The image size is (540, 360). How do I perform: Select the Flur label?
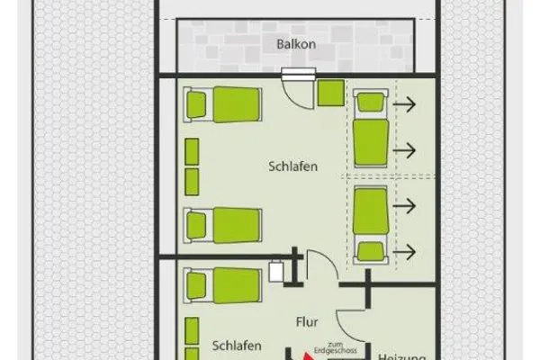coord(308,320)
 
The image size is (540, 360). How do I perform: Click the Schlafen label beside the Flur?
coord(238,345)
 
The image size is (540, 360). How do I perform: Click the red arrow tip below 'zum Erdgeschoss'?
coord(309,357)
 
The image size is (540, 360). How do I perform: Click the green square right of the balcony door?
coord(330,92)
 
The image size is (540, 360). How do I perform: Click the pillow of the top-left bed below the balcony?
coord(198,105)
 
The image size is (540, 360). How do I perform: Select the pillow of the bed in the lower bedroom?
coord(198,286)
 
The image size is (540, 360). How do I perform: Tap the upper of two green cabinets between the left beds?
coord(192,153)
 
